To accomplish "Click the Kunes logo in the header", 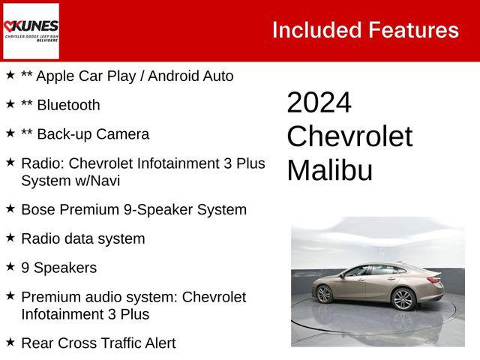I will [31, 31].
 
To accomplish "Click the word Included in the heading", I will [316, 30].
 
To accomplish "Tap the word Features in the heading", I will [413, 30].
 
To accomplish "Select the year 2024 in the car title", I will [319, 103].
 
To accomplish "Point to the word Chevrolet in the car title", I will [349, 136].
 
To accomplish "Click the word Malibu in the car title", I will [329, 170].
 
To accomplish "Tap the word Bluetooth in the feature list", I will [68, 105].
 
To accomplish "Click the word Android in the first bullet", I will [171, 76].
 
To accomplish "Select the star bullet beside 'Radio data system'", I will [10, 238].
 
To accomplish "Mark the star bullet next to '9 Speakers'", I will [10, 267].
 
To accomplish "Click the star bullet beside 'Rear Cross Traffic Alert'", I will [10, 342].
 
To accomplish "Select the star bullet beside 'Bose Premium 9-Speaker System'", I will [10, 208].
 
